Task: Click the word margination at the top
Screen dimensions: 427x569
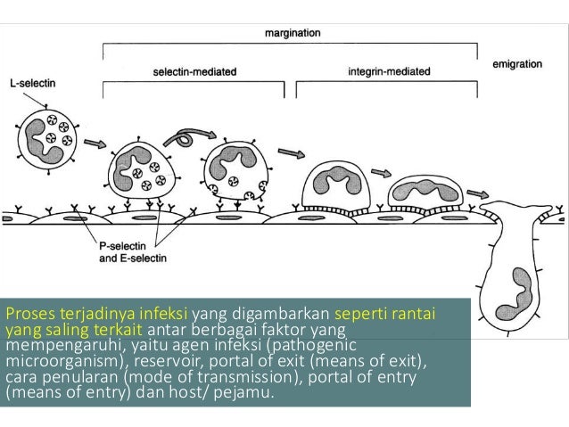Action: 293,33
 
